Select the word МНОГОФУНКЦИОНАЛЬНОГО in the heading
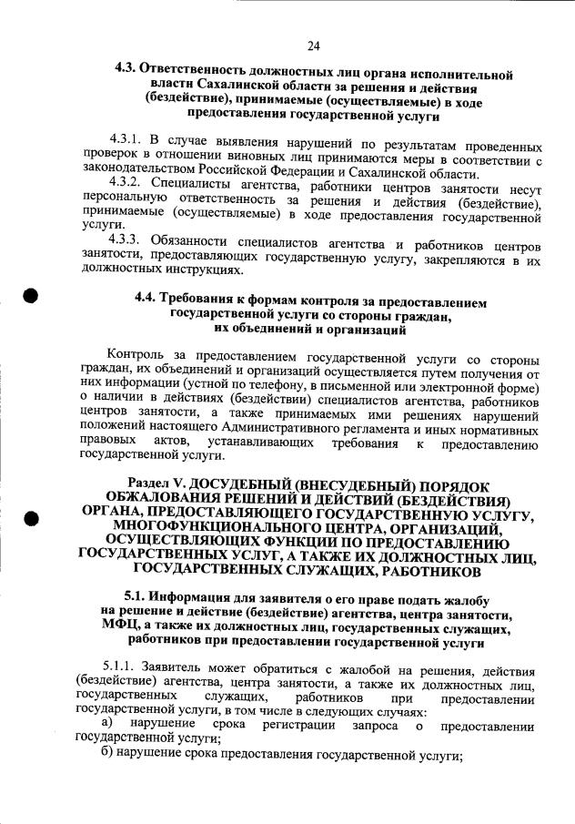[220, 529]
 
